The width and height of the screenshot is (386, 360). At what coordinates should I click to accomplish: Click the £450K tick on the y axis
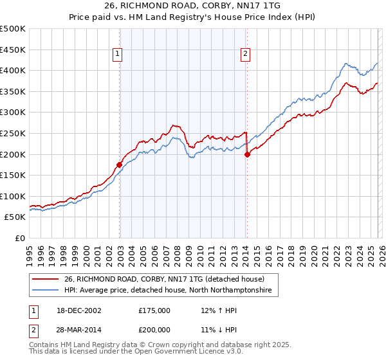[x=13, y=50]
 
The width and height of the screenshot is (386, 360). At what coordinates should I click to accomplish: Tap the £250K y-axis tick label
[x=13, y=133]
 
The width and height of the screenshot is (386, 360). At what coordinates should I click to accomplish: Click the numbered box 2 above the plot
[x=246, y=55]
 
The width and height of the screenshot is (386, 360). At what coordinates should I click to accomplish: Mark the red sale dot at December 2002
[x=120, y=165]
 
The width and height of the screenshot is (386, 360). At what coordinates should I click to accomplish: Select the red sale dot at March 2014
[x=247, y=154]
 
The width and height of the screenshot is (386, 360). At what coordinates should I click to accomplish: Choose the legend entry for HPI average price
[x=168, y=291]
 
